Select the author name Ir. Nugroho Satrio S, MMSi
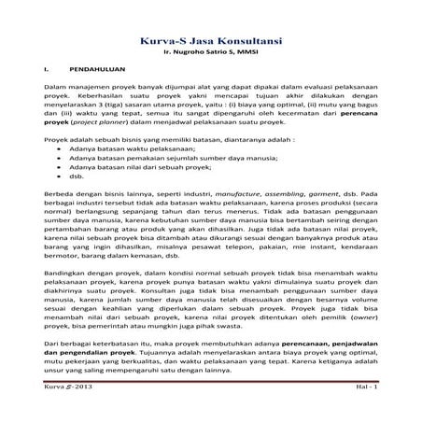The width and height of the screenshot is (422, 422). [211, 55]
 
